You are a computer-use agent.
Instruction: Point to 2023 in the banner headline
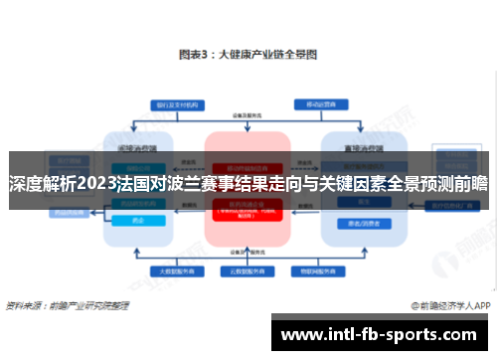coord(96,184)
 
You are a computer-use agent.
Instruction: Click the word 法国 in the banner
coord(134,184)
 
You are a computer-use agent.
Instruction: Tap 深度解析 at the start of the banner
coord(40,184)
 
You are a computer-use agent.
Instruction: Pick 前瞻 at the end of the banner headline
coord(471,184)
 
